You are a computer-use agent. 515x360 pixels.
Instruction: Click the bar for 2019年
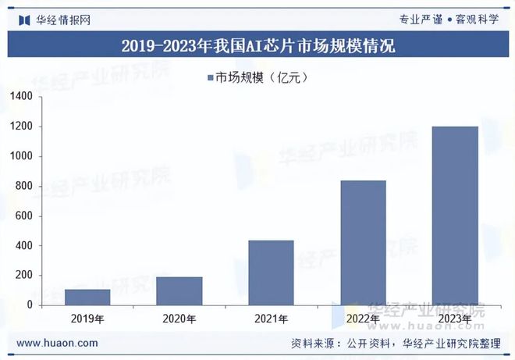pyautogui.click(x=87, y=297)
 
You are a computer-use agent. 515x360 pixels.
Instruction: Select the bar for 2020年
pyautogui.click(x=179, y=290)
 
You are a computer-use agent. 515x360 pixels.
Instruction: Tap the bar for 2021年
pyautogui.click(x=271, y=273)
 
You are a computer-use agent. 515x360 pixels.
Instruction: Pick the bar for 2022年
pyautogui.click(x=363, y=243)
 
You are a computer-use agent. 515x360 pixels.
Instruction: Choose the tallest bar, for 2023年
pyautogui.click(x=455, y=216)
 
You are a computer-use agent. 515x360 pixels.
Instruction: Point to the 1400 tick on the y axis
pyautogui.click(x=21, y=97)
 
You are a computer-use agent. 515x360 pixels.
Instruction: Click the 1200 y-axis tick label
pyautogui.click(x=21, y=127)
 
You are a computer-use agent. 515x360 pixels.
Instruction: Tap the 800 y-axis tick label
pyautogui.click(x=24, y=187)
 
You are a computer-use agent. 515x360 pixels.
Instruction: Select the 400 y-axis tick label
pyautogui.click(x=24, y=246)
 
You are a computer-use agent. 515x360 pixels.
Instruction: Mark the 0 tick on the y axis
pyautogui.click(x=29, y=305)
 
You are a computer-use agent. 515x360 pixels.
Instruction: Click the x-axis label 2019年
pyautogui.click(x=87, y=319)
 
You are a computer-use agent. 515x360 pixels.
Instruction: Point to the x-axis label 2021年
pyautogui.click(x=271, y=319)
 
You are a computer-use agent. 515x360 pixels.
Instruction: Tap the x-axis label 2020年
pyautogui.click(x=179, y=319)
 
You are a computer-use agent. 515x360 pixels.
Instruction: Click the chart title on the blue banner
pyautogui.click(x=258, y=46)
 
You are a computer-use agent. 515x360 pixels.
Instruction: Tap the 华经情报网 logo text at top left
pyautogui.click(x=58, y=19)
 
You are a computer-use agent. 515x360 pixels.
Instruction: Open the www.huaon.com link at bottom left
pyautogui.click(x=58, y=343)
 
